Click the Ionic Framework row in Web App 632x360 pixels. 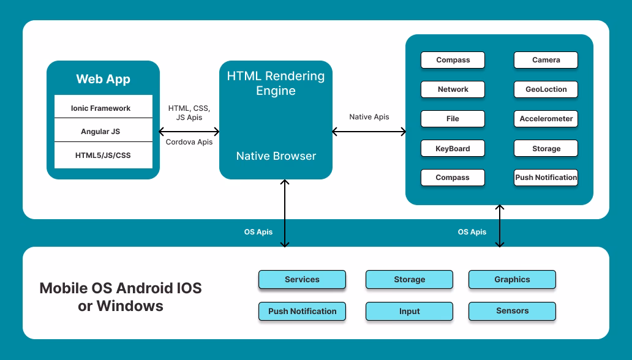pos(103,108)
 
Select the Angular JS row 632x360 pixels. pos(103,131)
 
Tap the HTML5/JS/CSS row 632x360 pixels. pos(103,155)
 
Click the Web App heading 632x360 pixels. pos(103,79)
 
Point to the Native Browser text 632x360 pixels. pos(276,156)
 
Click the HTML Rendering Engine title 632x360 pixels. pos(276,83)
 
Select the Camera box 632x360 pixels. pos(546,60)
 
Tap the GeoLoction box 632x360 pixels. pos(546,89)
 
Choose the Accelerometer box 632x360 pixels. pos(546,119)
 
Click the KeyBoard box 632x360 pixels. pos(453,148)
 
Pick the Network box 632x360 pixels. pos(453,89)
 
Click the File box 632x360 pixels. pos(453,119)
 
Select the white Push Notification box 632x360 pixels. pos(546,178)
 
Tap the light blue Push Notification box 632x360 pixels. pos(302,311)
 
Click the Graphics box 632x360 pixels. pos(512,279)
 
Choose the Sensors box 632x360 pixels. pos(512,311)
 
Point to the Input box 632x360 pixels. pos(409,311)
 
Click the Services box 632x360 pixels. pos(302,279)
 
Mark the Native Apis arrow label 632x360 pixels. pos(369,117)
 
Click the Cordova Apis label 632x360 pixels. pos(189,142)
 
